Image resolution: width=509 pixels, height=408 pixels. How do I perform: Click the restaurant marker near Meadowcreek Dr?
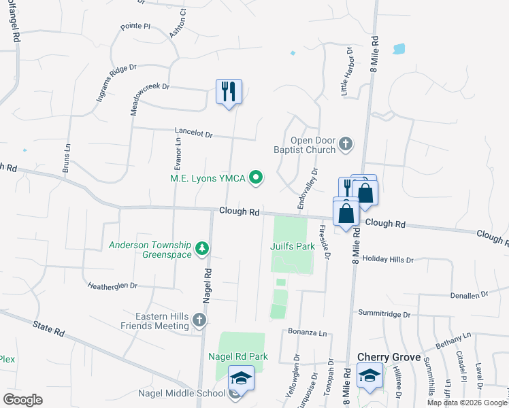coord(229,91)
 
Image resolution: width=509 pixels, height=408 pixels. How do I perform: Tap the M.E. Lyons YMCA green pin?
coord(257,179)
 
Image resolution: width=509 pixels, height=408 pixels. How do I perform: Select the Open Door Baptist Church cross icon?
coord(346,143)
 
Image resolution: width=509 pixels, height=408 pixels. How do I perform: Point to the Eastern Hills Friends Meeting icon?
coord(199,320)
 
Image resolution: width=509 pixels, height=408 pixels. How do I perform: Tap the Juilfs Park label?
coord(293,246)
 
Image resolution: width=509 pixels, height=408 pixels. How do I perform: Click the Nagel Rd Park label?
coord(238,356)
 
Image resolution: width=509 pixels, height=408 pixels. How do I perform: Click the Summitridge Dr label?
coord(384,314)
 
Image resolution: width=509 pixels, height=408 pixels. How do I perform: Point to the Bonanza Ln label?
coord(304,333)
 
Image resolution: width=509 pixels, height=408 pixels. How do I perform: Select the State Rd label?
coord(48,329)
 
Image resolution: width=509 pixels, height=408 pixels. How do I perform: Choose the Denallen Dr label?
coord(470,296)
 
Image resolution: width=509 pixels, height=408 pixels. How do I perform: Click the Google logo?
coord(22,400)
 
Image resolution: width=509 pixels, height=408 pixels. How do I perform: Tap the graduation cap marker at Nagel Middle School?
coord(241,378)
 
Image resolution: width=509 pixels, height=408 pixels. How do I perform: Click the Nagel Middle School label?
coord(182,393)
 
